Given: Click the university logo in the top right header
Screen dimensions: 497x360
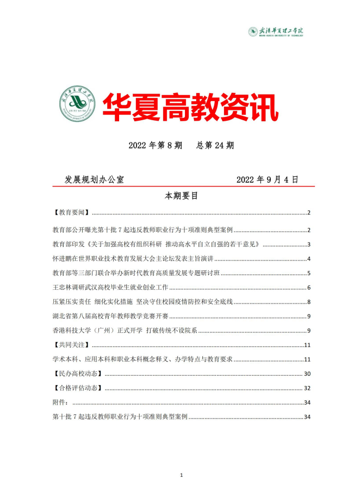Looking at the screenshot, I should tap(275, 32).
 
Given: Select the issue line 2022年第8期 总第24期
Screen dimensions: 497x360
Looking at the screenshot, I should tap(181, 145).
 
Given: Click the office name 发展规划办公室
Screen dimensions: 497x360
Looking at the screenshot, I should tap(95, 179).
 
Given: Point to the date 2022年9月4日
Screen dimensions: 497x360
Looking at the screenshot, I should tap(267, 179).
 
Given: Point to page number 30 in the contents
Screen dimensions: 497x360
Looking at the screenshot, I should tap(307, 374).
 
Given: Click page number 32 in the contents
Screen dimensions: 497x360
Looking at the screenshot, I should tap(307, 388).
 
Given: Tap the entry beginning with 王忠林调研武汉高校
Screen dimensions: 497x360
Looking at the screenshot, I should tap(110, 287).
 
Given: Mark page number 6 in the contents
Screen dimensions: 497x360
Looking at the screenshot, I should tap(309, 287).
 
